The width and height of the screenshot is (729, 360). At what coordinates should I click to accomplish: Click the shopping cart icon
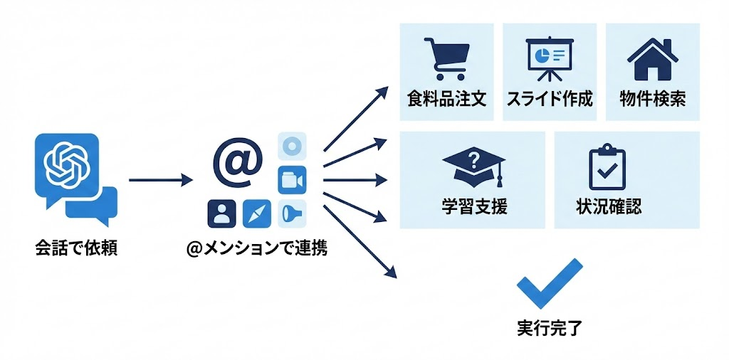446,58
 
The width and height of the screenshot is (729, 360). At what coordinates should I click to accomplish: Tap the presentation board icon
550,59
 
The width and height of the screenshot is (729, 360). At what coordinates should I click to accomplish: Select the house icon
652,58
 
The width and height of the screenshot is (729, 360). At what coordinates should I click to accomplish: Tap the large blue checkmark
550,283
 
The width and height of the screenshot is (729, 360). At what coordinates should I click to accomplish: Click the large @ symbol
237,161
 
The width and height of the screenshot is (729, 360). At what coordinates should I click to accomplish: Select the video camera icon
290,180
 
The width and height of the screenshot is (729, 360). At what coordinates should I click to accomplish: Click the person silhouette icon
221,213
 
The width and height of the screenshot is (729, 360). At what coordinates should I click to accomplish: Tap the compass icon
257,213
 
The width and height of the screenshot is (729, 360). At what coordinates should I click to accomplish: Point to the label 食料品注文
446,98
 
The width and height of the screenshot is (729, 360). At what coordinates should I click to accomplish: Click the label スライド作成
550,98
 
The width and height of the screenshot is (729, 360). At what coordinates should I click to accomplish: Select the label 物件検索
652,98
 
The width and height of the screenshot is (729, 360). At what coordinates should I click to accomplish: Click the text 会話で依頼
76,248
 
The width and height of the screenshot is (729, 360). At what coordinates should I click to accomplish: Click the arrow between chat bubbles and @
161,181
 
